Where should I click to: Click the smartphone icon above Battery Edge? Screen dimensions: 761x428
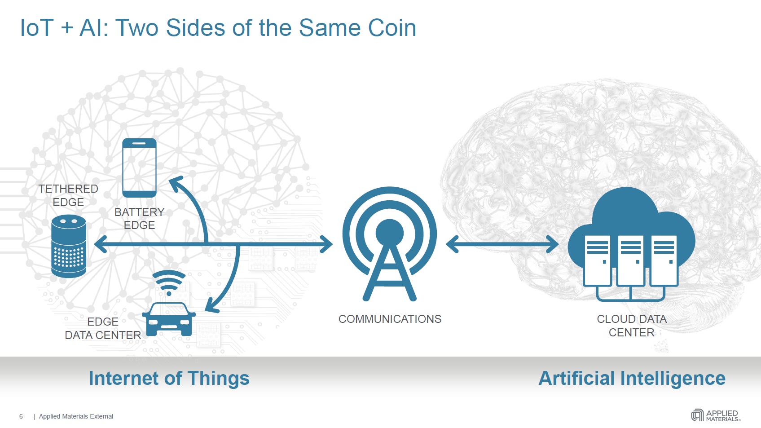point(139,168)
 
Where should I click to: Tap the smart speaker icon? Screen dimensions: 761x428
point(69,246)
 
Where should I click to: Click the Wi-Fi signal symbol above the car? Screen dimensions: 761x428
point(169,282)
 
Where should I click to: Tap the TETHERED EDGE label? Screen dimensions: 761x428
point(68,195)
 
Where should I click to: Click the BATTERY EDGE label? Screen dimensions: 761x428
point(139,219)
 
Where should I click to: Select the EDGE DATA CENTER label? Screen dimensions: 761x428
point(103,328)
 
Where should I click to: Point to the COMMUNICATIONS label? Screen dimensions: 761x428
point(390,319)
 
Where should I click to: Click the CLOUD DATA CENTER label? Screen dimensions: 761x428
point(632,326)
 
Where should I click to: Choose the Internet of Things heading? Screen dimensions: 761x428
point(169,378)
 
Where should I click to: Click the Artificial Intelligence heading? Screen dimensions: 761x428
point(632,378)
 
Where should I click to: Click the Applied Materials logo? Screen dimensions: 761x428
point(716,415)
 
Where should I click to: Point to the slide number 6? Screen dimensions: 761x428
point(21,416)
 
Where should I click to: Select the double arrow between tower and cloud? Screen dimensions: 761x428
point(502,244)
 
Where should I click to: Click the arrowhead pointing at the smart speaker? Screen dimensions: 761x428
point(101,244)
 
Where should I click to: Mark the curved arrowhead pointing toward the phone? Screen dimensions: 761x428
point(176,184)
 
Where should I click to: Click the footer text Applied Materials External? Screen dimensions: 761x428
point(76,416)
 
